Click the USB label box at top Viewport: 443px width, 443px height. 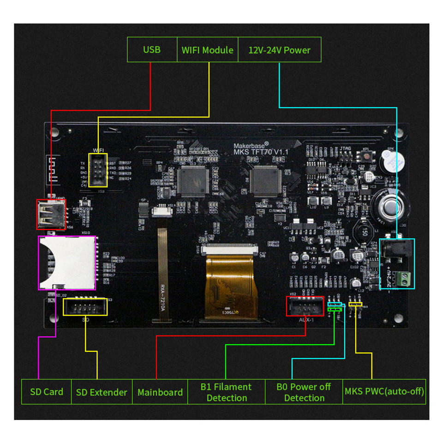click(152, 50)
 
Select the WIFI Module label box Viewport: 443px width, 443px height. click(207, 50)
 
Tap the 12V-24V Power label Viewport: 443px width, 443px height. click(279, 50)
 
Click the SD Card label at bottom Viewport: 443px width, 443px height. click(47, 392)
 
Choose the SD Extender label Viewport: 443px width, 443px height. click(102, 392)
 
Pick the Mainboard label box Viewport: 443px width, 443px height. click(160, 392)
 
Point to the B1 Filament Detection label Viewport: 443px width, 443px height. click(226, 392)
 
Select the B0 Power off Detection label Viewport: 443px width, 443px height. click(304, 392)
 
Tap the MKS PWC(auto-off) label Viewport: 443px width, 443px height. click(384, 392)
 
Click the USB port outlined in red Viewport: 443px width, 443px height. click(51, 214)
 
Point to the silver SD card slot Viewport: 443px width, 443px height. click(66, 263)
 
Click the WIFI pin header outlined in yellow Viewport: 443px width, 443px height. click(98, 170)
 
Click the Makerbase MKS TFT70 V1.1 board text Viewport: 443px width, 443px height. click(261, 149)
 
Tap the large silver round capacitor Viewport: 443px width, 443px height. click(389, 206)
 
